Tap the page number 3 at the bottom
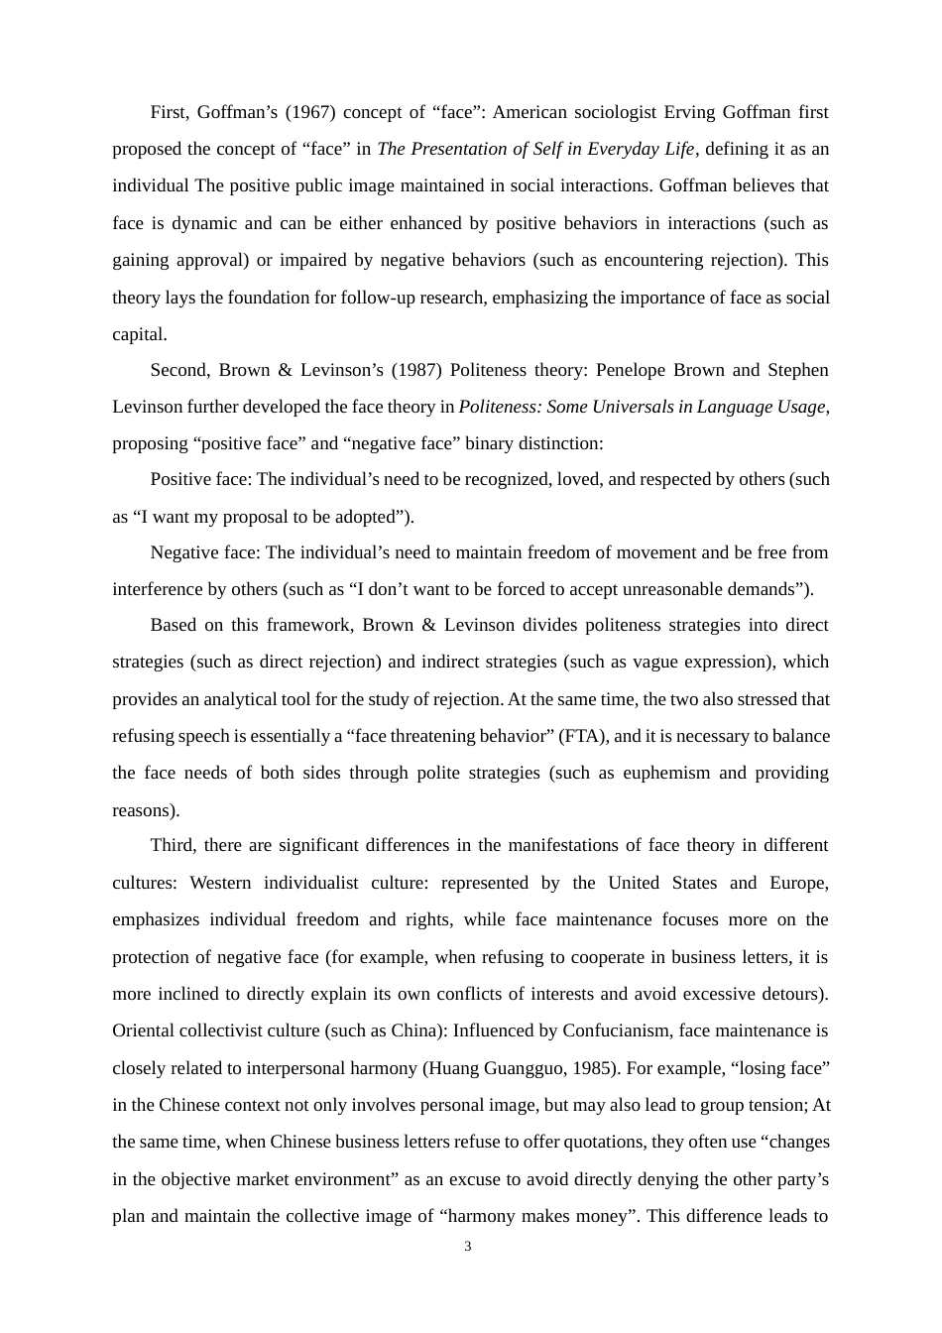point(468,1247)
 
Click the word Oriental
point(143,1030)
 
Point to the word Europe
point(797,883)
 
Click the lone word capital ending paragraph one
point(138,334)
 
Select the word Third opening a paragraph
point(171,845)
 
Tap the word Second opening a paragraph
point(178,370)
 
